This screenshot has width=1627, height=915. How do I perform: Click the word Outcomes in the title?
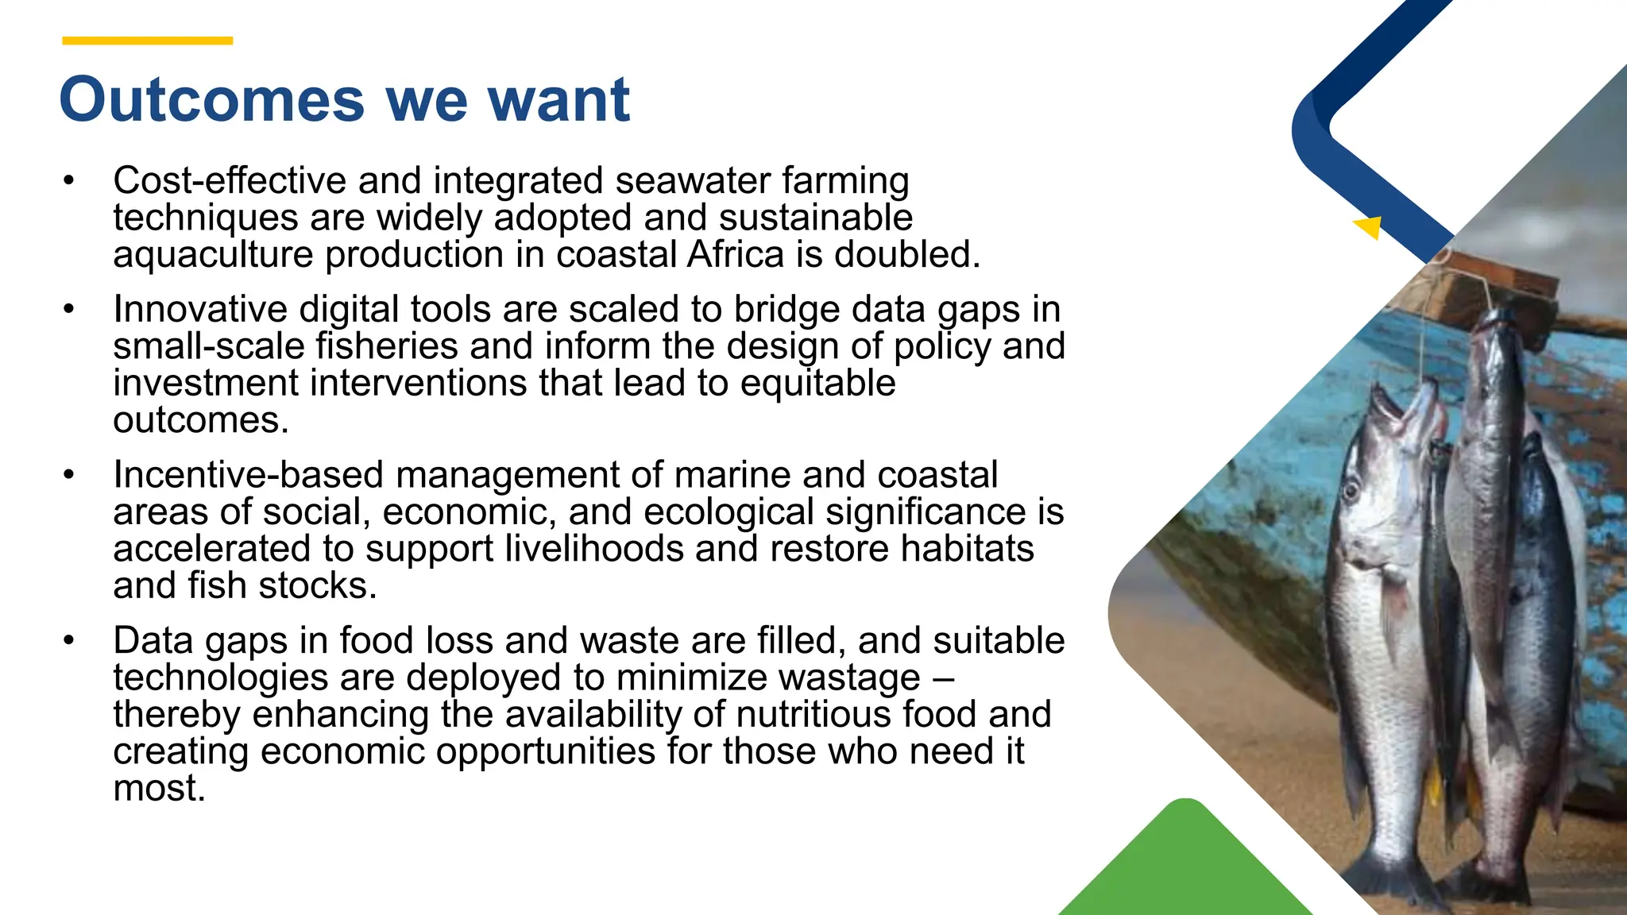coord(211,100)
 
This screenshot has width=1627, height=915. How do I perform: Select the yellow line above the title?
coord(147,41)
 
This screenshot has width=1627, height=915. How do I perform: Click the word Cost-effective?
coord(230,180)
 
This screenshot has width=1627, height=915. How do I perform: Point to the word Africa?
coord(736,255)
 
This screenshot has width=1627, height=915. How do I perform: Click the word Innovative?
coord(200,309)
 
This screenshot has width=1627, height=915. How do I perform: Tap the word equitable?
coord(817,384)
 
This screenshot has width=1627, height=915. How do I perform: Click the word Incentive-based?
coord(249,475)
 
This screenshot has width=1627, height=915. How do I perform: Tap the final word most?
coord(159,788)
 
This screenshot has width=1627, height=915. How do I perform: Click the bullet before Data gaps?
coord(69,640)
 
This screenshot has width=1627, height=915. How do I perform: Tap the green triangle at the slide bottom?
coord(1185,866)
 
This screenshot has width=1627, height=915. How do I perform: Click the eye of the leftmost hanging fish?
coord(1351,489)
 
